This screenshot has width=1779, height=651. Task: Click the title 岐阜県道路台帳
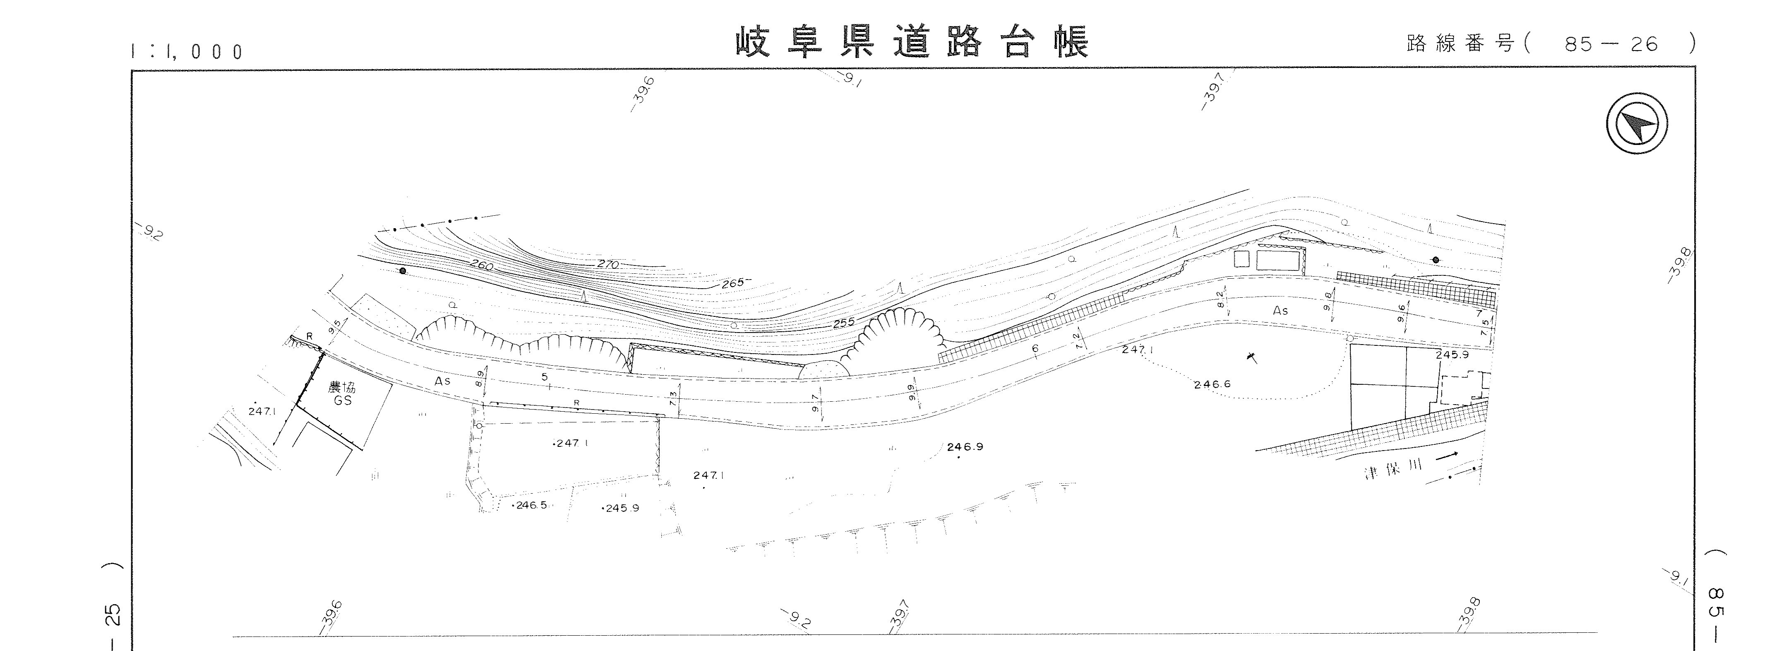[x=912, y=43]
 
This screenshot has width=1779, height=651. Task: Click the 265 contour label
[x=733, y=283]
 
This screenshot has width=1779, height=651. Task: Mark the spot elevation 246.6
[x=1212, y=384]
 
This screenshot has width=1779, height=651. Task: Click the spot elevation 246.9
[x=965, y=446]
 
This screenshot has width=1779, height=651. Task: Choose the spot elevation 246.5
[x=531, y=505]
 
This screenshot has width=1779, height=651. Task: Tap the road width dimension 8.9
[x=480, y=378]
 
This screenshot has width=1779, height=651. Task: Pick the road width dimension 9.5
[x=336, y=325]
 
